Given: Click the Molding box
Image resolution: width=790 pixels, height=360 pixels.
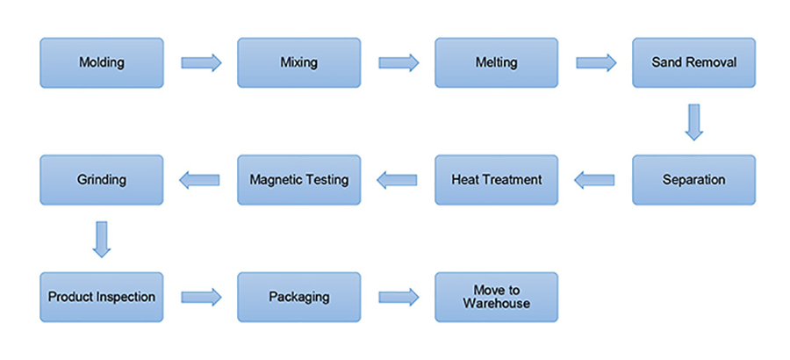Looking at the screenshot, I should click(102, 62).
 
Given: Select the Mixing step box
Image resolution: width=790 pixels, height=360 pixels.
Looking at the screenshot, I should click(298, 62).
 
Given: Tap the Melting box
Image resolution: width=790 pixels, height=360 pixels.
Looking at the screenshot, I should click(496, 62).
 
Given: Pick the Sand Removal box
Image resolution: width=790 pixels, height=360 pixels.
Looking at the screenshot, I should click(693, 62).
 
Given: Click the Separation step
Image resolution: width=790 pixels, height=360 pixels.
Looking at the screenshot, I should click(693, 180).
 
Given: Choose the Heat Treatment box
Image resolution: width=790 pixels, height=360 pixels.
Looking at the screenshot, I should click(496, 180).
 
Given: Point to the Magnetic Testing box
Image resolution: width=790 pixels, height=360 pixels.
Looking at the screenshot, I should click(298, 180).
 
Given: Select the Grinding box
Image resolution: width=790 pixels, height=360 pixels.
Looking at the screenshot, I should click(102, 180).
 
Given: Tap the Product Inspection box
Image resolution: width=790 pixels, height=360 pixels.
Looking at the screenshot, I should click(102, 297).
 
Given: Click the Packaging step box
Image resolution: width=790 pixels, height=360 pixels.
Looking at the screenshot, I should click(298, 297).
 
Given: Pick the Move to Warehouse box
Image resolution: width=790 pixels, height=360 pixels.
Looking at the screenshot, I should click(496, 297).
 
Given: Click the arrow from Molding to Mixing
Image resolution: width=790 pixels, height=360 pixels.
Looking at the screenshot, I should click(201, 62).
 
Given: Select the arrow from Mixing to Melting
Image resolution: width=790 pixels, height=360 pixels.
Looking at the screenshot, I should click(398, 62).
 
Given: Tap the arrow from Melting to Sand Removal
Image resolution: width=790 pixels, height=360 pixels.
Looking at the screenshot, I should click(595, 62).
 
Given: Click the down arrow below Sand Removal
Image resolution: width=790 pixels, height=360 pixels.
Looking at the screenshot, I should click(693, 122).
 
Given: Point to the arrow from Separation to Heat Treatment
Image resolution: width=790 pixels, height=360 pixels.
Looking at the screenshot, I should click(594, 180).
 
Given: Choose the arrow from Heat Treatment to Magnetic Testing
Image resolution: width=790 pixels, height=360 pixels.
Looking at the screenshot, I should click(397, 180).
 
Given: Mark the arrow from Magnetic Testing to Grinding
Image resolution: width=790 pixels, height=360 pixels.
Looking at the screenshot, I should click(200, 180).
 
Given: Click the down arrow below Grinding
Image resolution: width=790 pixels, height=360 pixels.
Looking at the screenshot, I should click(102, 239).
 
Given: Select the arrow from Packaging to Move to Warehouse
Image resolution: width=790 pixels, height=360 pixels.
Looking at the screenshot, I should click(398, 297).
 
